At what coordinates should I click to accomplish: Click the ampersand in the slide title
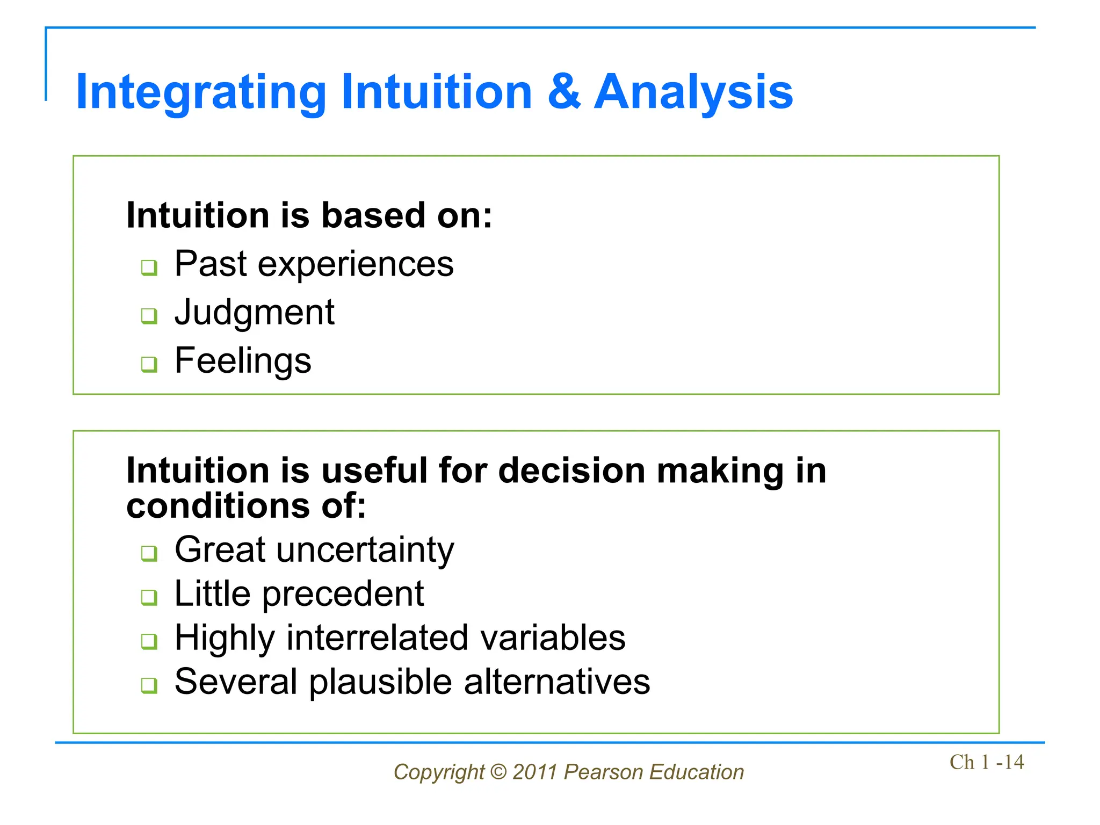click(x=564, y=92)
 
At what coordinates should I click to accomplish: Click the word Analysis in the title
click(x=693, y=92)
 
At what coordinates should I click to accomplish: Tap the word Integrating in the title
click(x=201, y=92)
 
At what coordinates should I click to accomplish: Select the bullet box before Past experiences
click(x=149, y=267)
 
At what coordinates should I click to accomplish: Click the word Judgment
click(x=255, y=313)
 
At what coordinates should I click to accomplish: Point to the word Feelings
click(x=243, y=360)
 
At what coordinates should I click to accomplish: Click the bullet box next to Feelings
click(x=149, y=364)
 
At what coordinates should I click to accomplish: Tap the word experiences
click(x=356, y=264)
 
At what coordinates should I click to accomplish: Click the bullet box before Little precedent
click(x=149, y=597)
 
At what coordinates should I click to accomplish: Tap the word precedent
click(x=343, y=594)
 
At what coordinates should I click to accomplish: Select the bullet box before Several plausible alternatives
click(x=149, y=685)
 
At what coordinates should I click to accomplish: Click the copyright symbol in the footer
click(x=498, y=772)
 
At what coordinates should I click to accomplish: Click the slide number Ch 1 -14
click(x=986, y=762)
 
